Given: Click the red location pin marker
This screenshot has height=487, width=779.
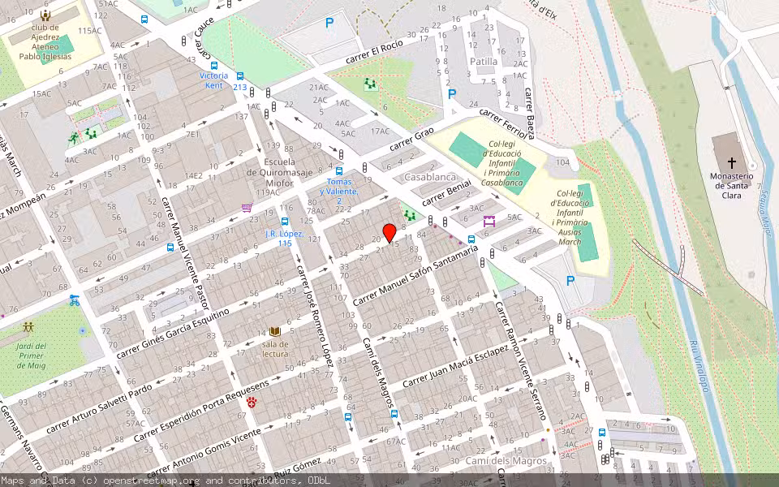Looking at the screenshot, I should click(389, 233).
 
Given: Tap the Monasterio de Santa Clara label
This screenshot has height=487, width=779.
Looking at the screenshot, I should click(731, 185).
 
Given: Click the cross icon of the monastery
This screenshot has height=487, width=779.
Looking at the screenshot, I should click(731, 162).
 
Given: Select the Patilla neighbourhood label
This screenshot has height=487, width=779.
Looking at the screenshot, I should click(484, 61).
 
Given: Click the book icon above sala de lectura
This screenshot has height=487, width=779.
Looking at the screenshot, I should click(275, 331).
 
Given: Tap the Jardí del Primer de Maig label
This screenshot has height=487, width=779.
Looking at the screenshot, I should click(31, 355).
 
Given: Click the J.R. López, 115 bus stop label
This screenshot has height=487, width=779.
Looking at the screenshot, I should click(284, 239).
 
